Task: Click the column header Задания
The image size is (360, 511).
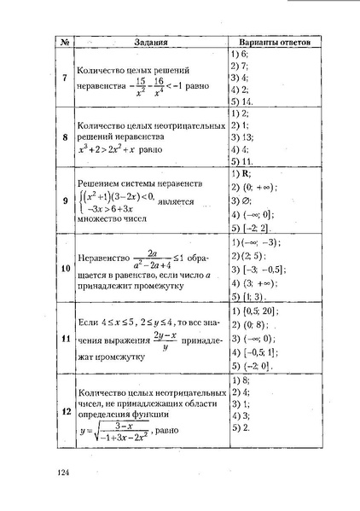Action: tap(148, 42)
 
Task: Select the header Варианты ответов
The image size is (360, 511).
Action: tap(274, 42)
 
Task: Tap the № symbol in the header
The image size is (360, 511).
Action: tap(63, 42)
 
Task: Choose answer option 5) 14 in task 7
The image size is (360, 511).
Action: tap(242, 101)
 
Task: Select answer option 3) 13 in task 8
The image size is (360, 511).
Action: tap(242, 136)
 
